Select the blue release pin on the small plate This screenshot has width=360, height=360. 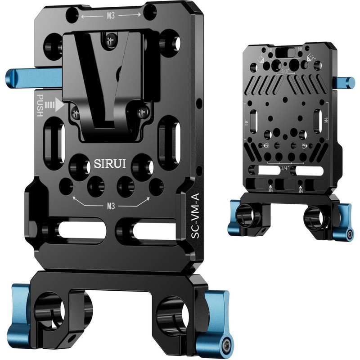click(x=346, y=82)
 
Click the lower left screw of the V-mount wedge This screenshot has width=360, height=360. click(x=74, y=112)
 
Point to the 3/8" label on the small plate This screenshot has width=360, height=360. click(x=284, y=71)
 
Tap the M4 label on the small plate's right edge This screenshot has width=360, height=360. click(x=326, y=120)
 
